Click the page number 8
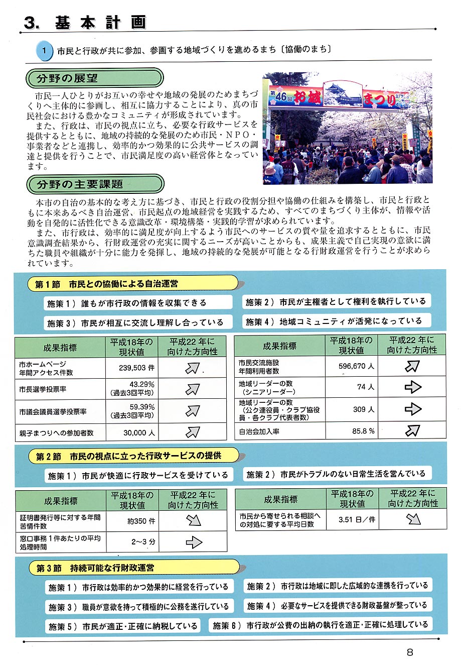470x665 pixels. pos(410,652)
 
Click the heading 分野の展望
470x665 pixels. pos(67,78)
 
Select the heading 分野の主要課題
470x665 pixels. pos(80,184)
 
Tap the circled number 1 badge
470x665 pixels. pos(44,50)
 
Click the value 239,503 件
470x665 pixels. pos(136,368)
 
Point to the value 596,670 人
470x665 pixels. pos(356,366)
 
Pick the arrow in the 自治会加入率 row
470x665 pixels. pos(412,430)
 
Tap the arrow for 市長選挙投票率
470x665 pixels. pos(193,389)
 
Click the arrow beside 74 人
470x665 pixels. pos(412,387)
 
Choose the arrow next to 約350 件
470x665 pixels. pos(193,520)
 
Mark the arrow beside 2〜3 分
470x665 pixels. pos(194,542)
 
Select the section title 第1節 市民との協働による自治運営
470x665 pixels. pos(106,284)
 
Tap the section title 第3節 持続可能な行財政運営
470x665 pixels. pos(95,568)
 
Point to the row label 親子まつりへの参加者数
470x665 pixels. pos(56,432)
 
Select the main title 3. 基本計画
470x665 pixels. pos(85,23)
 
